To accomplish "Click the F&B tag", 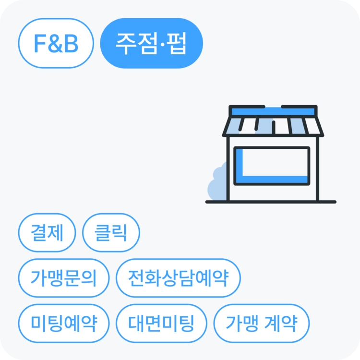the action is (56, 43).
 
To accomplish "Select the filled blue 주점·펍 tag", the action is (152, 43).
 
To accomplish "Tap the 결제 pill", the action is (47, 233).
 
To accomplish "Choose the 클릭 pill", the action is (111, 233).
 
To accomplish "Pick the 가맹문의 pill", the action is (64, 278).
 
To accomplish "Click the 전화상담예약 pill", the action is (179, 278).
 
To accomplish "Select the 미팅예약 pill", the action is (64, 323).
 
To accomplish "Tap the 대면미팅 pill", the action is (162, 323).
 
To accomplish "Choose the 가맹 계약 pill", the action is (262, 323).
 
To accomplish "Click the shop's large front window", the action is (272, 166).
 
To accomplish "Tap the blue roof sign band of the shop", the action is (273, 111).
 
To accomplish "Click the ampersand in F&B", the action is (56, 43).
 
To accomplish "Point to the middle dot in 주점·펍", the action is (163, 44).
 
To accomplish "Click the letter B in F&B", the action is (71, 43).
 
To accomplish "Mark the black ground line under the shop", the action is (271, 202).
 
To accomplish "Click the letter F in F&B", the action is (40, 43).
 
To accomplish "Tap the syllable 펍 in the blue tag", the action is (176, 44).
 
